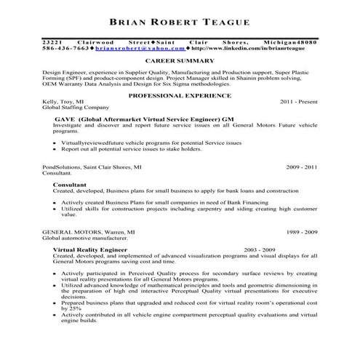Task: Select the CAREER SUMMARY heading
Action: coord(179,61)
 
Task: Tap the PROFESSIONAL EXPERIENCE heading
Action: coord(180,95)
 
